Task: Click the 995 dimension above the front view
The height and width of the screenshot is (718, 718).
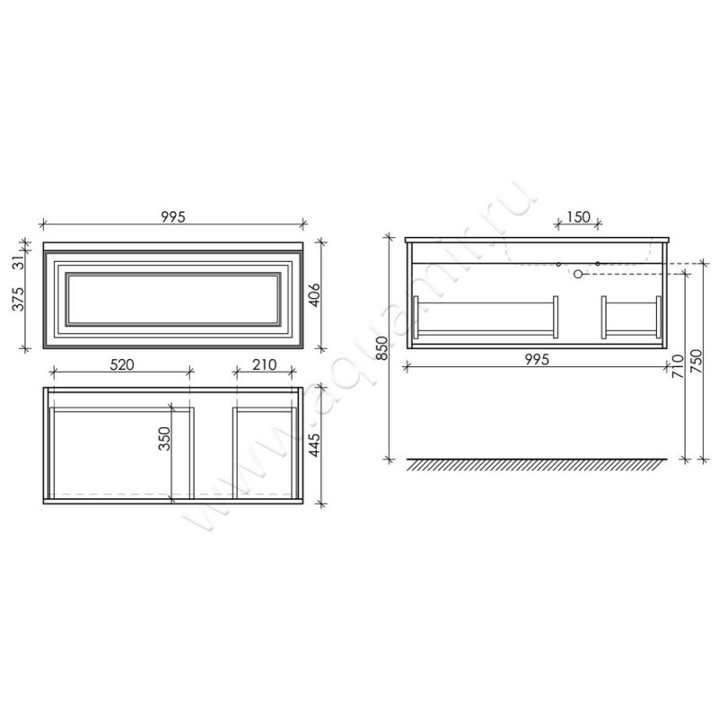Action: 173,216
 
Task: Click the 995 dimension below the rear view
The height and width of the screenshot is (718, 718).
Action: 537,360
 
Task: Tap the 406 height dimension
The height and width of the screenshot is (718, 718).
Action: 315,295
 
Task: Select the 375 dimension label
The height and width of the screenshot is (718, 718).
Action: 18,299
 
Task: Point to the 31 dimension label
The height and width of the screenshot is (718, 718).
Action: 18,263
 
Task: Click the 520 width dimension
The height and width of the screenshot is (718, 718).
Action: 122,364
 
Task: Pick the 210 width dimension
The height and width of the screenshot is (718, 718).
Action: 264,364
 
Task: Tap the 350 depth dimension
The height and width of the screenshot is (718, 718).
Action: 164,438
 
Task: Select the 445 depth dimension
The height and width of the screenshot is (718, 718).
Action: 315,444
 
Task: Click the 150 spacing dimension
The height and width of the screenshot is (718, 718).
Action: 578,216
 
